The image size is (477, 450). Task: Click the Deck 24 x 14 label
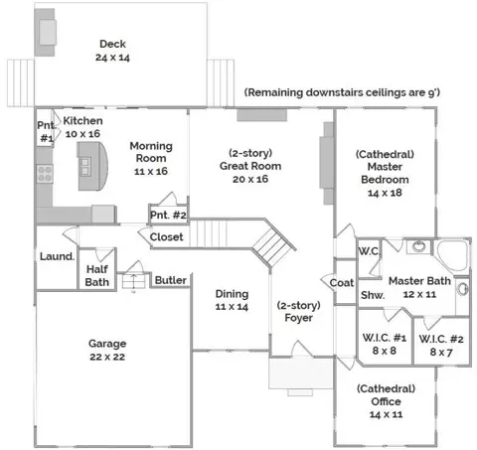[x=112, y=51]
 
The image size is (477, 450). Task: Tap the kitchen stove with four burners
[x=45, y=174]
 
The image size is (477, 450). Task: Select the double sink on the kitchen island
[x=85, y=166]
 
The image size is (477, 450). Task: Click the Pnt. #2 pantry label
[x=168, y=215]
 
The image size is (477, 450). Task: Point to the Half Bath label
[x=97, y=275]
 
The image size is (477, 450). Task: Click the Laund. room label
[x=57, y=256]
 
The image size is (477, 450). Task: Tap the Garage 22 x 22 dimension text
[x=107, y=357]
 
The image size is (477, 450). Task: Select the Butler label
[x=171, y=280]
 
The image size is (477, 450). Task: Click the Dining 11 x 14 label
[x=232, y=300]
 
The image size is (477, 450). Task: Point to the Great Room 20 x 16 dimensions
[x=250, y=179]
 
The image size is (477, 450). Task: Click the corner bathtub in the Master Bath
[x=451, y=256]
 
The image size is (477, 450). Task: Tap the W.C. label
[x=369, y=251]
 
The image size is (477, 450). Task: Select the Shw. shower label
[x=373, y=295]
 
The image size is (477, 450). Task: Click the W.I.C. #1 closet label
[x=385, y=344]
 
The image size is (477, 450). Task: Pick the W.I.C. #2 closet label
[x=441, y=346]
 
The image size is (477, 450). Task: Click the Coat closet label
[x=342, y=283]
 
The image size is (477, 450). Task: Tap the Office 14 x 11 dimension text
[x=387, y=414]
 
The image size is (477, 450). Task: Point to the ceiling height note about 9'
[x=342, y=92]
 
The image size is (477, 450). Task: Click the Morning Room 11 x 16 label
[x=151, y=158]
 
